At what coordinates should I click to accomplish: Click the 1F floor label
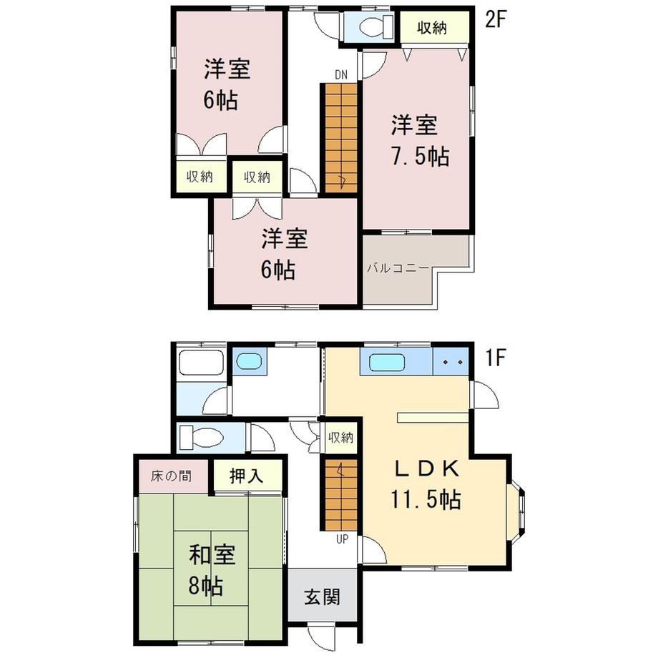tap(495, 358)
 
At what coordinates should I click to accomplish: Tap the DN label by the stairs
tap(341, 75)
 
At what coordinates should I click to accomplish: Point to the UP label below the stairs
tap(342, 539)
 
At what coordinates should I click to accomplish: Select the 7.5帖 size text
tap(421, 157)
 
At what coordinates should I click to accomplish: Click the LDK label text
tap(428, 468)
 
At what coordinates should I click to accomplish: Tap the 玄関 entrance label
tap(323, 596)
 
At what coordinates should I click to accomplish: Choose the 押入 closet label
tap(246, 476)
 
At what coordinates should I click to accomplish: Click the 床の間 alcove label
tap(171, 476)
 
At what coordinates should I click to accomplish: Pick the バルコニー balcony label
tap(398, 267)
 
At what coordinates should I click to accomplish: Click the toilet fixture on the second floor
tap(376, 27)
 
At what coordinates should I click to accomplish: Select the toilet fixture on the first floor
tap(201, 438)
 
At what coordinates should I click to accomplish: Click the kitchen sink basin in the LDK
tap(388, 362)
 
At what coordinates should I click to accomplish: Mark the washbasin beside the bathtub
tap(250, 361)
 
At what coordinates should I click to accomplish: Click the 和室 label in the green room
tap(212, 555)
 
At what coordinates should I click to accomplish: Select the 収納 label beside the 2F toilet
tap(432, 28)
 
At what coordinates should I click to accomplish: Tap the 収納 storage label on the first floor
tap(340, 438)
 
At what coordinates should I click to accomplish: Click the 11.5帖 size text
tap(426, 499)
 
